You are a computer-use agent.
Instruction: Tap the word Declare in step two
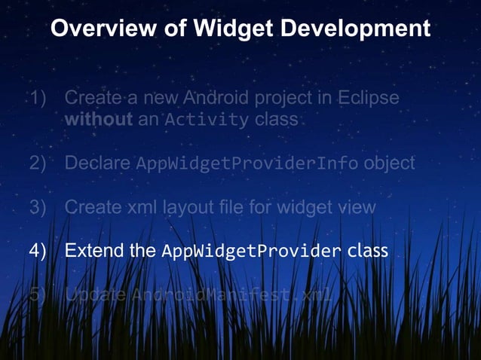point(97,163)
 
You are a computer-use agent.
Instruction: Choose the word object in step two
point(388,163)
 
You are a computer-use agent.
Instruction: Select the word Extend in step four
point(94,251)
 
